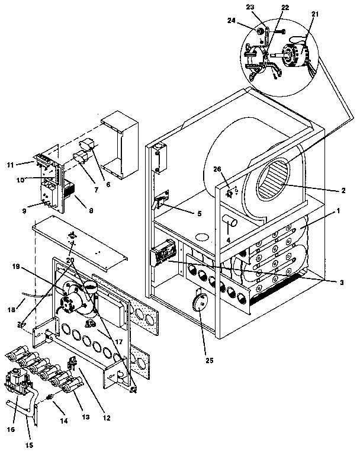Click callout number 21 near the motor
pyautogui.click(x=314, y=14)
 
